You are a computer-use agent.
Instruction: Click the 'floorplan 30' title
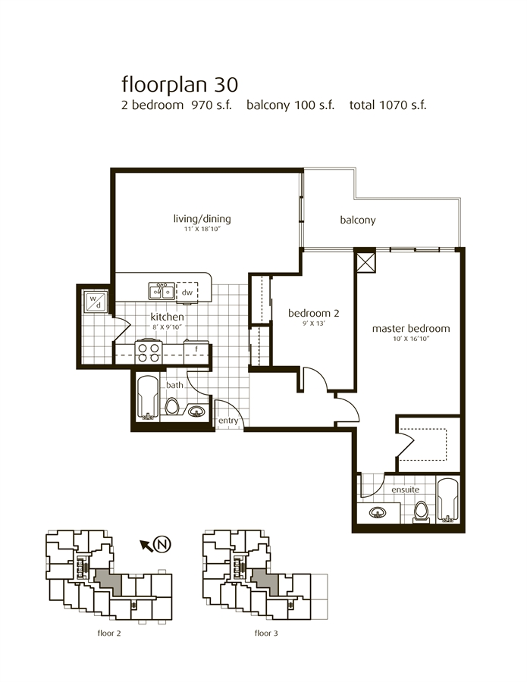point(180,84)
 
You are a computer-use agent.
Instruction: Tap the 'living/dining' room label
point(202,219)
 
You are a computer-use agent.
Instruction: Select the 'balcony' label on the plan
point(358,220)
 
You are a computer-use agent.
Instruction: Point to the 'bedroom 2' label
point(313,313)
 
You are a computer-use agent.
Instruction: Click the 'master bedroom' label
point(411,329)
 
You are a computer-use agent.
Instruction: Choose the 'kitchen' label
point(167,317)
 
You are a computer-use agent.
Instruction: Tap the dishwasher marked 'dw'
point(187,293)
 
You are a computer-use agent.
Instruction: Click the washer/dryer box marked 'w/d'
point(96,301)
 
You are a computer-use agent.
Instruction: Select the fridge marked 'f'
point(196,352)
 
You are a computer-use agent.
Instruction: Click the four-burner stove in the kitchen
point(149,352)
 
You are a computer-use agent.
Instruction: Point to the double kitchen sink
point(162,291)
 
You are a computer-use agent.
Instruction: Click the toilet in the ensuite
point(421,512)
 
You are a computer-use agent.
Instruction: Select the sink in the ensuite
point(378,512)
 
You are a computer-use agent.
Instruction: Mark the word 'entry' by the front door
point(228,421)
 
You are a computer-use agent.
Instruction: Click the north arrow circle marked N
point(162,543)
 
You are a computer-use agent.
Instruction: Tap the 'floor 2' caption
point(108,634)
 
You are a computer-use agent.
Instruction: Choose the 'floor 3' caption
point(266,634)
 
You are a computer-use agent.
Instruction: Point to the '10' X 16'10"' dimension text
point(411,339)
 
